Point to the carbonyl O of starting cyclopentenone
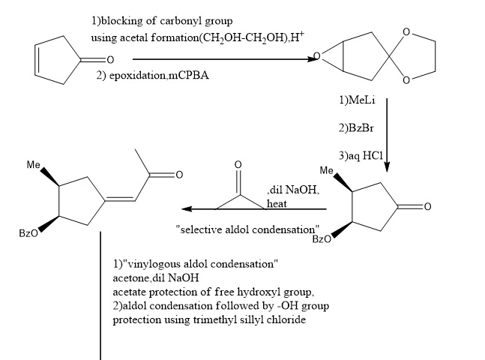109,59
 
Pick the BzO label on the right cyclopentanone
321,240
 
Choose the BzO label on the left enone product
28,235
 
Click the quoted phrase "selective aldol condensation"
247,229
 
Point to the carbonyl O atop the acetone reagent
238,164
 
